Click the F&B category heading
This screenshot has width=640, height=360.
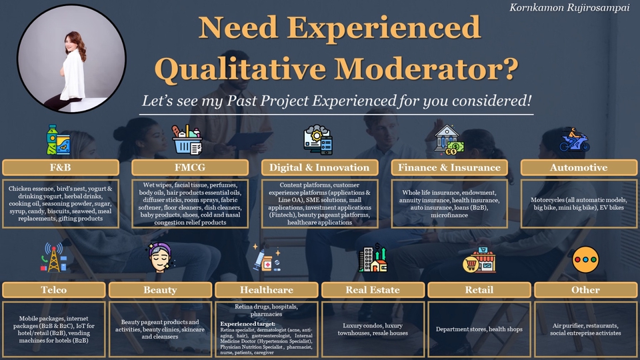tap(61, 167)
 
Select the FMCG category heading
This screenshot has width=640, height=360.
tap(190, 167)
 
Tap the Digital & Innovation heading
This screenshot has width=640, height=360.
tap(319, 167)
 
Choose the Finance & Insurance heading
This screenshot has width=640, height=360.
tap(449, 167)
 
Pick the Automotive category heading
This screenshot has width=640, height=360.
tap(579, 167)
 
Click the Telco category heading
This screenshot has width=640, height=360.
tap(53, 290)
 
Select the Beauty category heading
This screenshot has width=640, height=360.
tap(160, 290)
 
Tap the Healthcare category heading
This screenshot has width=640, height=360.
tap(267, 290)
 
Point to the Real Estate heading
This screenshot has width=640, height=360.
tap(373, 290)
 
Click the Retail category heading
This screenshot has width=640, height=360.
tap(479, 290)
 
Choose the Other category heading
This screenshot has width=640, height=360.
tap(585, 290)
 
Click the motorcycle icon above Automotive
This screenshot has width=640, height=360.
tap(574, 140)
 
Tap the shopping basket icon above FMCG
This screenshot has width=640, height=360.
tap(187, 140)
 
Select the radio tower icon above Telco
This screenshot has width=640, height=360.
tap(53, 257)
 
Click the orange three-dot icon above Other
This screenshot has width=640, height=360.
tap(585, 259)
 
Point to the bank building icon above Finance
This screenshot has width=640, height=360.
tap(449, 140)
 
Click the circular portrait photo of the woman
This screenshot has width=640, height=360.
tap(71, 59)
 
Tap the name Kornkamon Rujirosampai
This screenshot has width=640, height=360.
tap(569, 8)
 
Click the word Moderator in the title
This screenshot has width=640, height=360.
tap(426, 68)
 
